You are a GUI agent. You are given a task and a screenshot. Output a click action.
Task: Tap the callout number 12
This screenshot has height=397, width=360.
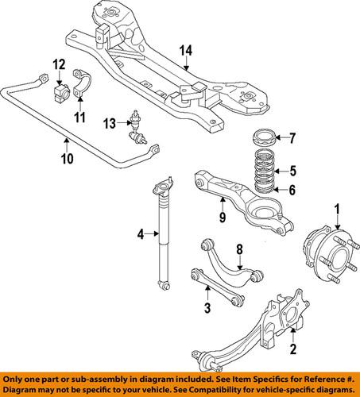pos(59,64)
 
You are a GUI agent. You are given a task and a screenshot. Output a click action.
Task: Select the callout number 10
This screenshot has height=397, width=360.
pos(66,158)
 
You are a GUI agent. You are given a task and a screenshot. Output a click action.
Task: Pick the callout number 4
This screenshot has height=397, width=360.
pos(140,234)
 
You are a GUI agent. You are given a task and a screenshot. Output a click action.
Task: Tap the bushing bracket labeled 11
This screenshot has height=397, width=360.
pos(83,84)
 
